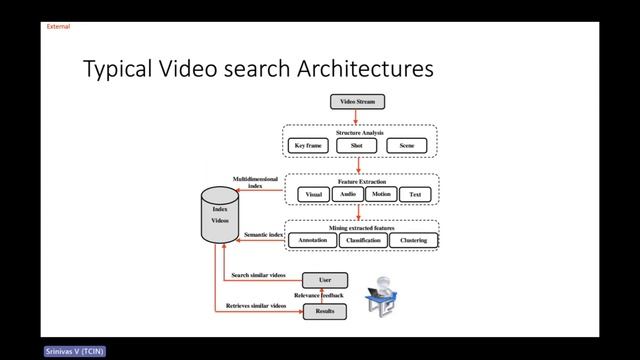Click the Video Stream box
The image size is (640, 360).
point(357,102)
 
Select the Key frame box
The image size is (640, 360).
point(310,146)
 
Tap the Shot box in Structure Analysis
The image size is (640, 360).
point(357,146)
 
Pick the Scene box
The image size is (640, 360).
point(406,146)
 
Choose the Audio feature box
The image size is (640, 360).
point(347,194)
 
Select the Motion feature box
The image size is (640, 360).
point(381,194)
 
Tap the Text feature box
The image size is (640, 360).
point(415,194)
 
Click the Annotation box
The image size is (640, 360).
point(310,240)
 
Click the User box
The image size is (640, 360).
point(325,280)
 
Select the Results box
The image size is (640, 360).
point(325,312)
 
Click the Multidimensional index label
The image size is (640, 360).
point(257,181)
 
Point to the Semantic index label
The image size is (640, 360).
point(263,235)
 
